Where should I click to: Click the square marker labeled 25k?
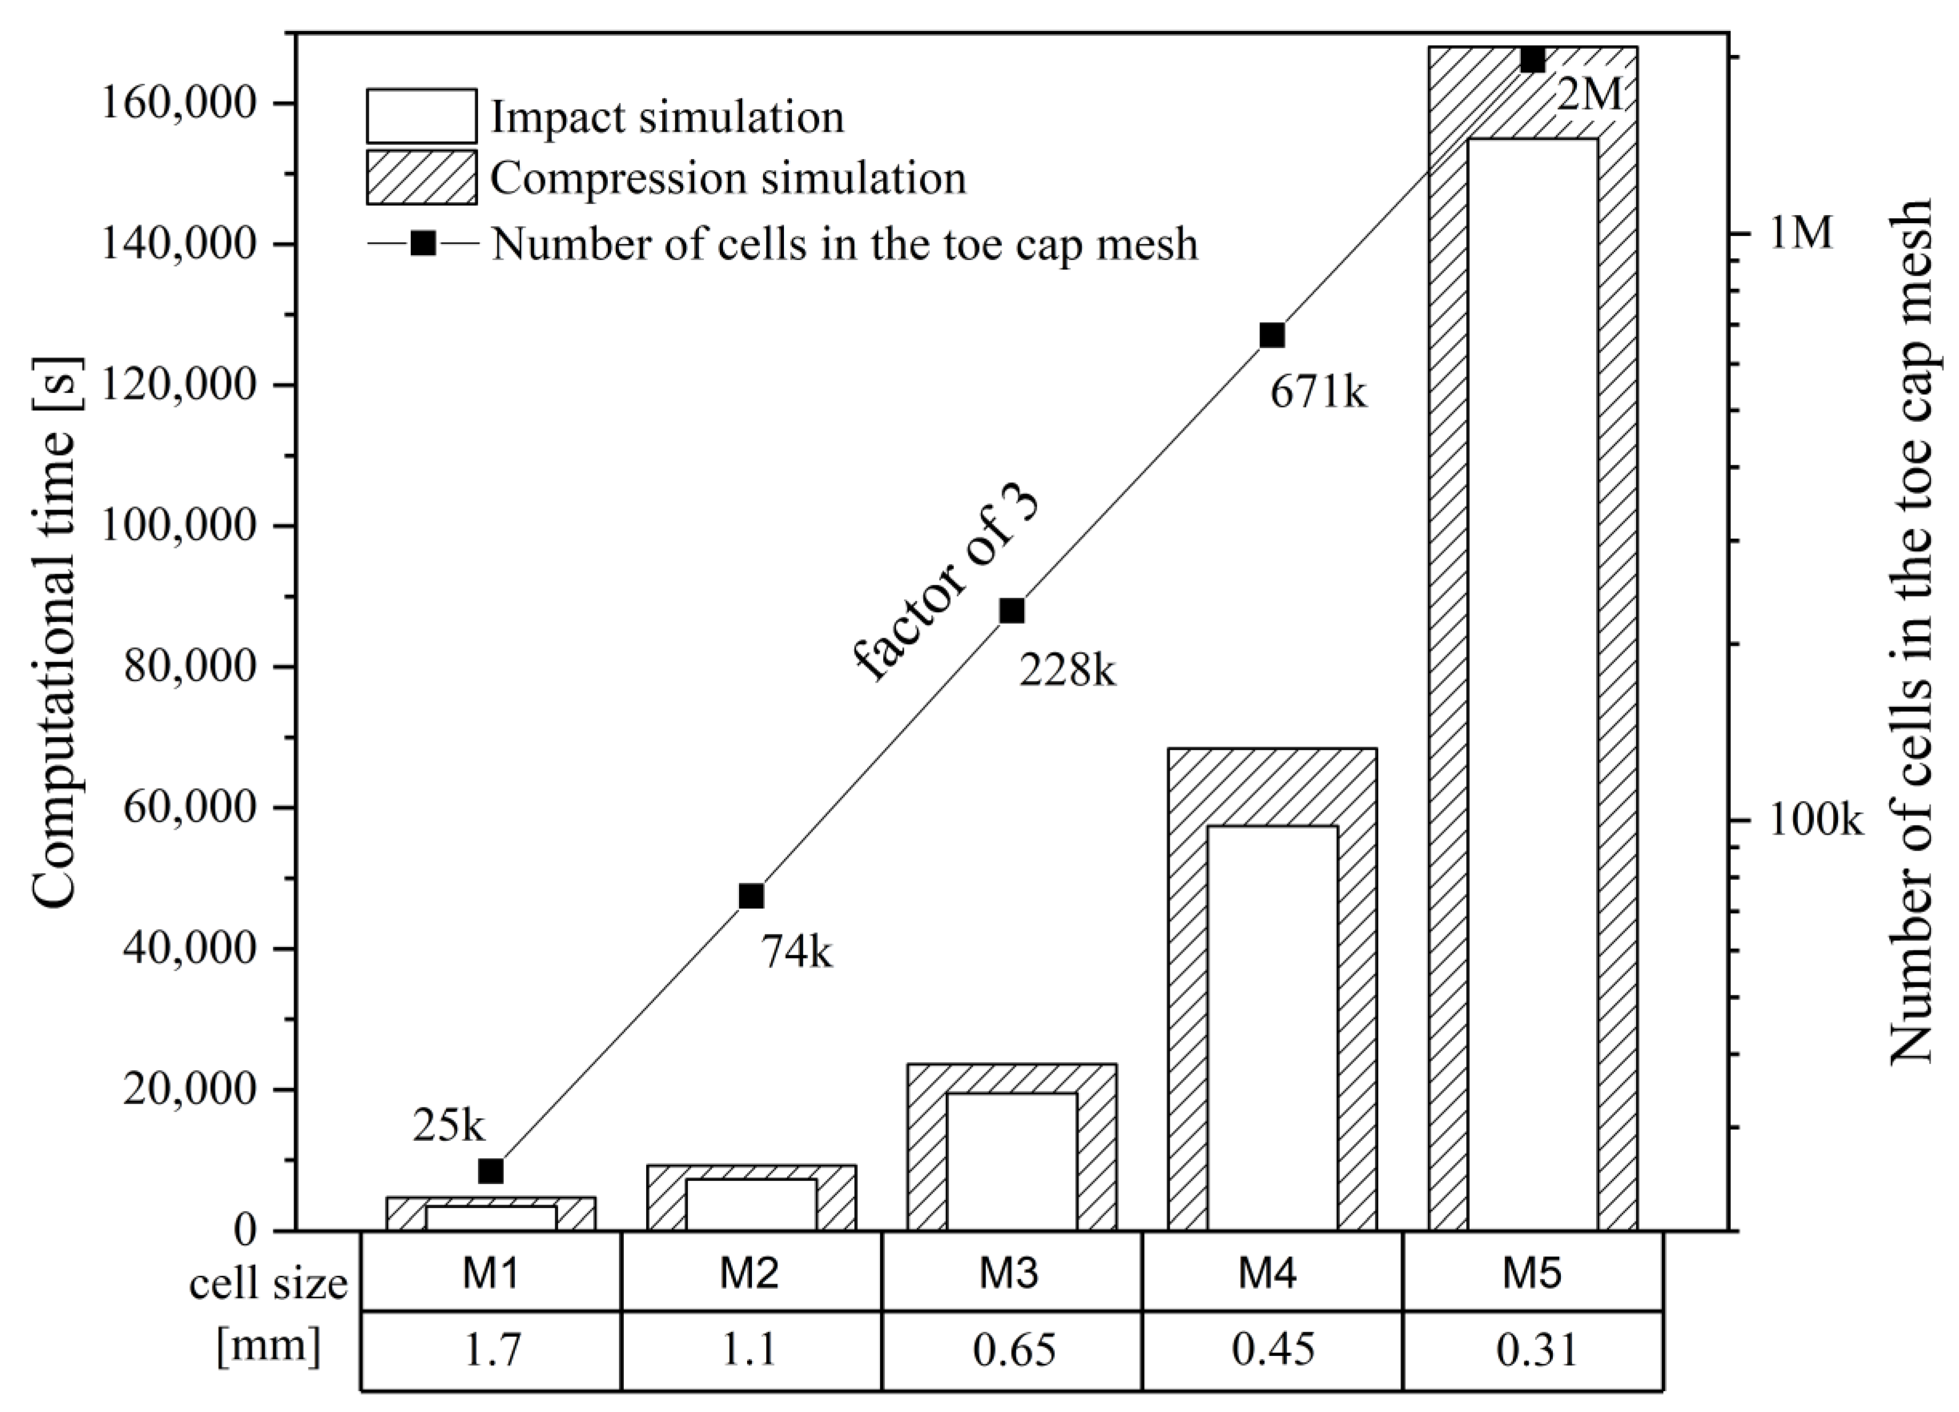point(490,1171)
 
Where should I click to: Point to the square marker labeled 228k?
point(1012,610)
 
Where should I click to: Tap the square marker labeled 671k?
point(1272,335)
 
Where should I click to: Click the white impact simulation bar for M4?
point(1272,1028)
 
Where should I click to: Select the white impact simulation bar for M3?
point(1012,1162)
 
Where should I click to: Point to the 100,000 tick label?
point(181,526)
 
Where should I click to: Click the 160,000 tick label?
point(181,104)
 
